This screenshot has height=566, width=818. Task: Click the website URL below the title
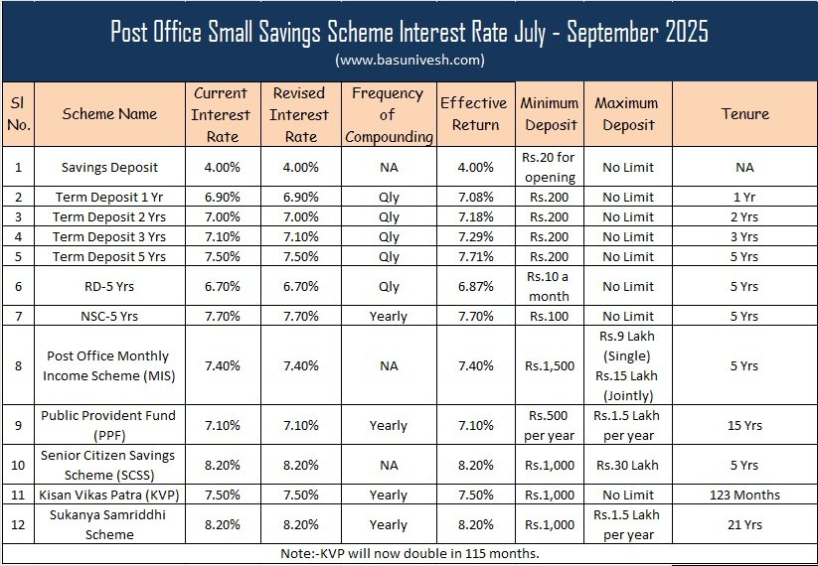click(409, 60)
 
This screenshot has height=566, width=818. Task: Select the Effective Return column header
click(474, 113)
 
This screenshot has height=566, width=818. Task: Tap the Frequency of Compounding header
click(389, 113)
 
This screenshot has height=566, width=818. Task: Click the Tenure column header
click(745, 113)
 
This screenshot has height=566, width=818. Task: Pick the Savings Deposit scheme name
click(109, 167)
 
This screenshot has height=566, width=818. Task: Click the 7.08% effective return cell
click(474, 197)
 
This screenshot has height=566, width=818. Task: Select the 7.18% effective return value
click(474, 216)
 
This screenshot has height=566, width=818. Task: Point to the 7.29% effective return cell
click(474, 236)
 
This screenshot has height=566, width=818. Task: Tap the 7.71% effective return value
click(474, 256)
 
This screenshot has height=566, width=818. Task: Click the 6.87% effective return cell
click(474, 286)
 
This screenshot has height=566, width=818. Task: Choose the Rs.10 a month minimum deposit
click(550, 286)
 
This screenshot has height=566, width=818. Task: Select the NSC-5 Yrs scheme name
click(109, 316)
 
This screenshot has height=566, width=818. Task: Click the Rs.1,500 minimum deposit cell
click(550, 365)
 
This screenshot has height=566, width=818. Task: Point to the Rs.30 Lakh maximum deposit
click(628, 465)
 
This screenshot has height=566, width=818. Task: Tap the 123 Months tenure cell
click(745, 495)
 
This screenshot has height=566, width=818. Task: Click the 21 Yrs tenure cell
click(745, 524)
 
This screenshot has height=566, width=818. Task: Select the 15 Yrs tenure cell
click(745, 425)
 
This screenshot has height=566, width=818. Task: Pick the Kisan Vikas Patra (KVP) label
click(109, 495)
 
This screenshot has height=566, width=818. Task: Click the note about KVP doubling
click(409, 553)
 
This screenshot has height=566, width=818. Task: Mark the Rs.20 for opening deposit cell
click(550, 167)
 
